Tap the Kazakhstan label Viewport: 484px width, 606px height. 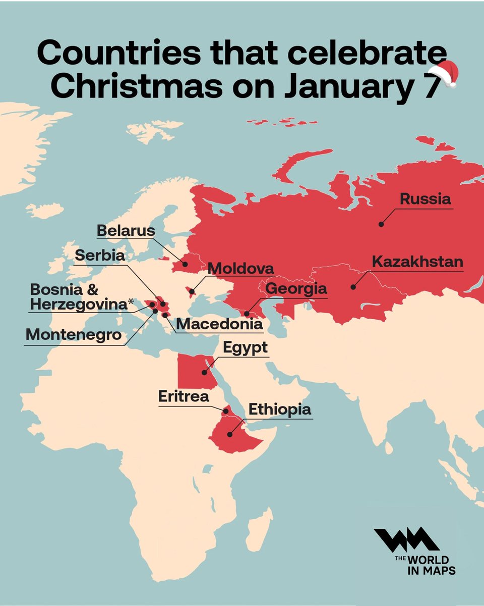[x=417, y=262]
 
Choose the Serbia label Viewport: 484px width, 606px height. [x=99, y=256]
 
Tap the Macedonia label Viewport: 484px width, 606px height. [x=219, y=324]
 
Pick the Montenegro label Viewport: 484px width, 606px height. [x=74, y=334]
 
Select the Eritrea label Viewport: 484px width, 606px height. [x=184, y=396]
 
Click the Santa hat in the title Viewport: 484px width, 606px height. [x=444, y=74]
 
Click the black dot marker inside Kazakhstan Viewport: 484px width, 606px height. [x=353, y=288]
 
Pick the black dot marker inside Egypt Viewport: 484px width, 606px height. [x=204, y=373]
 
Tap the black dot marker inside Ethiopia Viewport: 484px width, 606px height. [x=229, y=434]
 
